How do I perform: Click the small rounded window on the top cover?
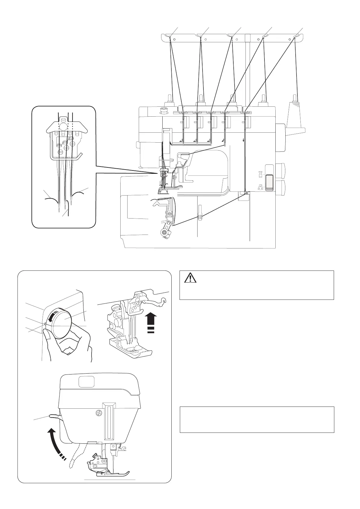pos(86,381)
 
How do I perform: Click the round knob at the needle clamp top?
pos(63,125)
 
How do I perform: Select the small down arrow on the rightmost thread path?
pos(243,141)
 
